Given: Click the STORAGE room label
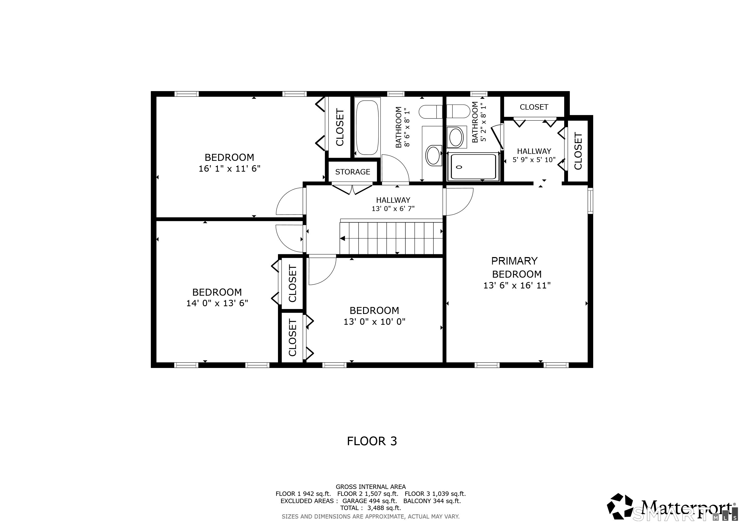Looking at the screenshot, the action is tap(352, 172).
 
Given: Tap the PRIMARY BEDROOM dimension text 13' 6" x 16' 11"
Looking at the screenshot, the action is tap(517, 285).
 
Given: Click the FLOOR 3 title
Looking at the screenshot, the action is tap(372, 441).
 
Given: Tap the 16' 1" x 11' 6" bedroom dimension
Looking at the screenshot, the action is tap(229, 169).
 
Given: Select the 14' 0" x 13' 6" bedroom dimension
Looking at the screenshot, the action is tap(217, 303).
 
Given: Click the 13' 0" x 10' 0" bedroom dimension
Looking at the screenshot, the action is tap(374, 322).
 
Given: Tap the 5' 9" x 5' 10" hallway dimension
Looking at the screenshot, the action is tap(534, 160).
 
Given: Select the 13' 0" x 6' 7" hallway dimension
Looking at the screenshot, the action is tap(393, 208).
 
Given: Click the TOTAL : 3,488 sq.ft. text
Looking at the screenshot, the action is tap(370, 508).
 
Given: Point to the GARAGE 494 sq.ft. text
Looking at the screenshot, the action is tap(369, 501).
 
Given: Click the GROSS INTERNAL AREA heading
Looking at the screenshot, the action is tap(370, 487).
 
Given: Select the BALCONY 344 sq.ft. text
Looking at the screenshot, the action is tap(432, 501).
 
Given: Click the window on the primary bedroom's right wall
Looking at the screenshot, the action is tap(590, 201).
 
